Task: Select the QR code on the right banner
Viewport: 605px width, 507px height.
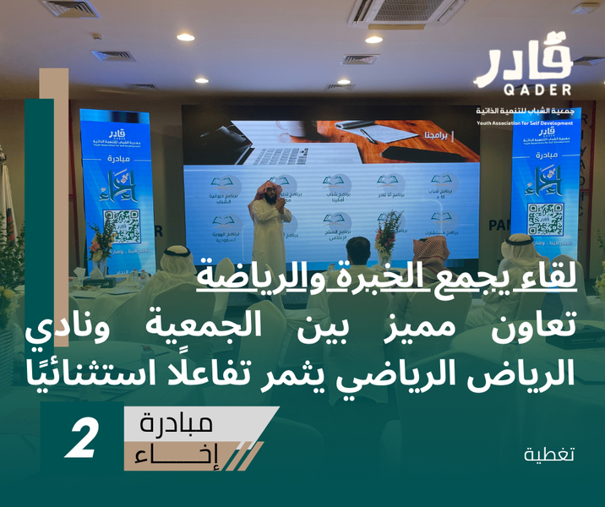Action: click(545, 218)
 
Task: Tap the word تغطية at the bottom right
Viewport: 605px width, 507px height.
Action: click(548, 454)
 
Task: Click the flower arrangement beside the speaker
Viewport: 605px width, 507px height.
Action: click(389, 232)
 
